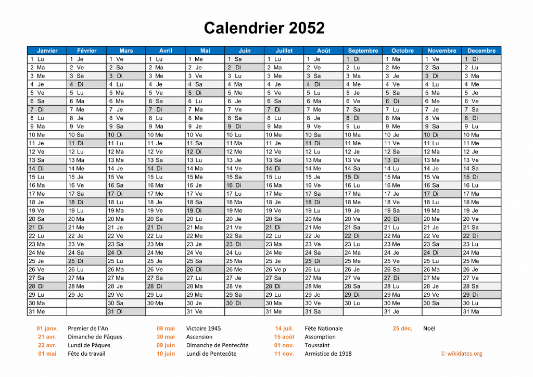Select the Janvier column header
click(x=47, y=51)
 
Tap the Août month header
click(x=323, y=51)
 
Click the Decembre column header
click(x=481, y=51)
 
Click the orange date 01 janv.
click(x=47, y=329)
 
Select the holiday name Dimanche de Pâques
click(x=95, y=337)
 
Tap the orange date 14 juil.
click(x=284, y=329)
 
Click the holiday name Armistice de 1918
click(x=328, y=354)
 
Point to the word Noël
click(x=429, y=329)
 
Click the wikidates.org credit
click(x=461, y=354)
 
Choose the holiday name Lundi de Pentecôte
click(x=211, y=354)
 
